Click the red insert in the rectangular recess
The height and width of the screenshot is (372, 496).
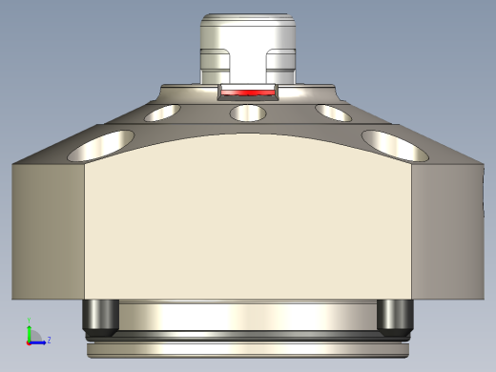tap(248, 93)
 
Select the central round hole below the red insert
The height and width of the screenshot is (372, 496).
tap(248, 114)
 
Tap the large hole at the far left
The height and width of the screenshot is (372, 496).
tap(104, 144)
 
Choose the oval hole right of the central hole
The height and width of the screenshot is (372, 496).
tap(334, 113)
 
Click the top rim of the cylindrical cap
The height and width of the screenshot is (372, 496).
tap(248, 16)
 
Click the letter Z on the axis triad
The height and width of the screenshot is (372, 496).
tap(49, 339)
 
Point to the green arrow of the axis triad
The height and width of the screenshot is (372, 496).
tap(29, 329)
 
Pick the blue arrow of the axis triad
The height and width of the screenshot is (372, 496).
tap(38, 341)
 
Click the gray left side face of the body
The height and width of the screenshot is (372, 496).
tap(48, 229)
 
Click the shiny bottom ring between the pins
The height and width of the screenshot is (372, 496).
tap(248, 315)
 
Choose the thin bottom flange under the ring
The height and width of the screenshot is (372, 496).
tap(248, 349)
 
